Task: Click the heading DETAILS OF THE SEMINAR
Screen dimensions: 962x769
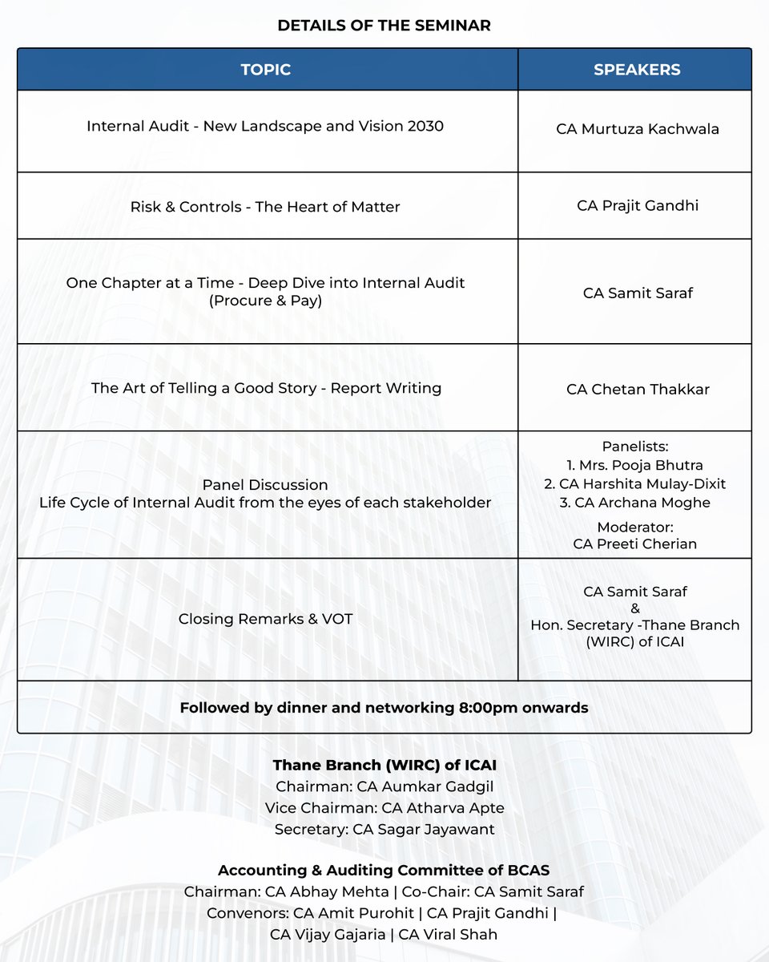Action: (384, 26)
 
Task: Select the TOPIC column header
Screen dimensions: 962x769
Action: (265, 70)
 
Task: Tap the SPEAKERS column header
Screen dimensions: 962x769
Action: (637, 70)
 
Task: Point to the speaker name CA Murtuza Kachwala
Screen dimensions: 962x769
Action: (638, 128)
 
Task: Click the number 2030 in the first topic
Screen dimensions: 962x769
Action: (424, 126)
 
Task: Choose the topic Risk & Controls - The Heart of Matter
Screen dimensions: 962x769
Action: (265, 207)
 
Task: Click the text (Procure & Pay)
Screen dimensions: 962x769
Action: (265, 302)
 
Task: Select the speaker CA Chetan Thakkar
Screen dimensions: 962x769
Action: (638, 390)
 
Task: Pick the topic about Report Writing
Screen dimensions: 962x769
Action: (266, 388)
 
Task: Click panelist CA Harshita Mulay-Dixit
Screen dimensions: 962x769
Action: (638, 483)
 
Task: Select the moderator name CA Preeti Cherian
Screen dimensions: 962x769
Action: (635, 544)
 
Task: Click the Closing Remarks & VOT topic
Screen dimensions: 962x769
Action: (265, 619)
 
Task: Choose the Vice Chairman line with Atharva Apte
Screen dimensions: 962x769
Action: (384, 808)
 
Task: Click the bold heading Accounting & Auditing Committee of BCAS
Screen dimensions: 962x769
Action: (384, 871)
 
